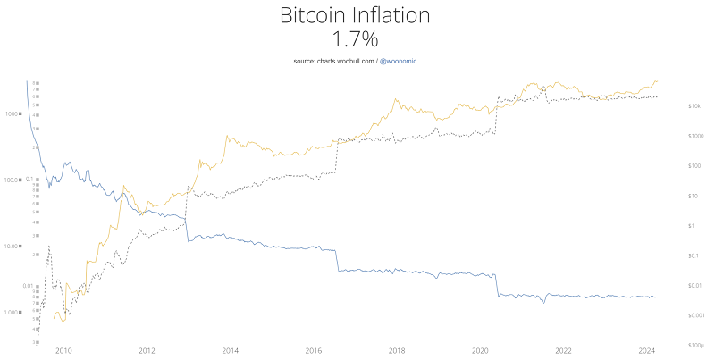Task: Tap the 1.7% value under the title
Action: click(x=357, y=39)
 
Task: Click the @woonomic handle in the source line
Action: click(x=399, y=60)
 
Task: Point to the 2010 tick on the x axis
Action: click(x=63, y=351)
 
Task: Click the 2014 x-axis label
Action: click(x=230, y=351)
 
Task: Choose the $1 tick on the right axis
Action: click(x=690, y=226)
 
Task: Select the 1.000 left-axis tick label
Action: click(x=16, y=312)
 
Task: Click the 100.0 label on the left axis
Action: click(x=16, y=180)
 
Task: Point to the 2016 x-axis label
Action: click(x=314, y=351)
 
